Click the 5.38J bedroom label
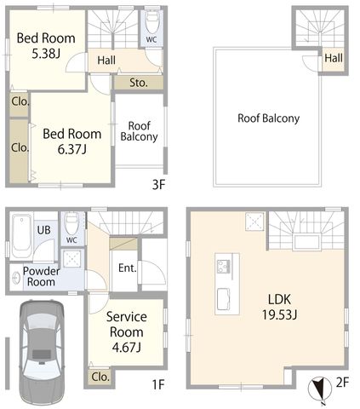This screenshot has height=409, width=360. click(46, 45)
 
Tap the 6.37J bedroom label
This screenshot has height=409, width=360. click(72, 141)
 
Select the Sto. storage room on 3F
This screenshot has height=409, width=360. click(139, 83)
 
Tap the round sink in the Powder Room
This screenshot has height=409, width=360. click(16, 279)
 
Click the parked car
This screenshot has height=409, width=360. click(42, 352)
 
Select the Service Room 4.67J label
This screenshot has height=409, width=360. click(127, 331)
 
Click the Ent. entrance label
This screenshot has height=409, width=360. click(128, 268)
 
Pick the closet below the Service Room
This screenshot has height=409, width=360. click(100, 377)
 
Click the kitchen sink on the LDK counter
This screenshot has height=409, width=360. click(224, 299)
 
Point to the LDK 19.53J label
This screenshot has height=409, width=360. click(279, 307)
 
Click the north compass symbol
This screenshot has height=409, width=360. click(320, 389)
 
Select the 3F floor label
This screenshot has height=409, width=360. click(158, 185)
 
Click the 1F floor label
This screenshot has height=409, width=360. click(158, 385)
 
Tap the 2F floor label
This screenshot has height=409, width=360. click(342, 383)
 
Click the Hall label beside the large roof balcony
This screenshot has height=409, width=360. click(334, 58)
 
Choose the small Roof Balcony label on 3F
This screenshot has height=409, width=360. click(139, 131)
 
